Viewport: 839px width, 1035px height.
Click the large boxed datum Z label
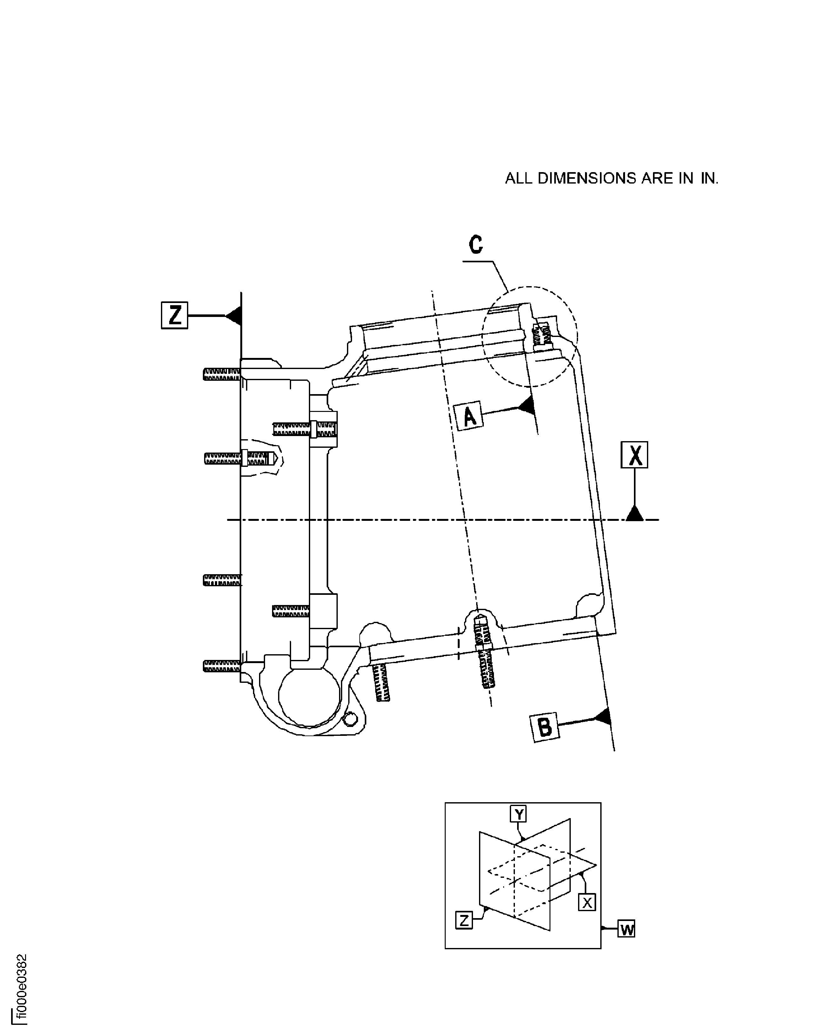tap(175, 315)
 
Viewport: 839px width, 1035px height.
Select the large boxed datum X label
tap(634, 455)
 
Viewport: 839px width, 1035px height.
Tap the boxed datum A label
tap(469, 416)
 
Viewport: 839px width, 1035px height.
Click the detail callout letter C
tap(476, 245)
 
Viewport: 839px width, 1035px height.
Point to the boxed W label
tap(626, 929)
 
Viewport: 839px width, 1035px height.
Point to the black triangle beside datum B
tap(602, 717)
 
